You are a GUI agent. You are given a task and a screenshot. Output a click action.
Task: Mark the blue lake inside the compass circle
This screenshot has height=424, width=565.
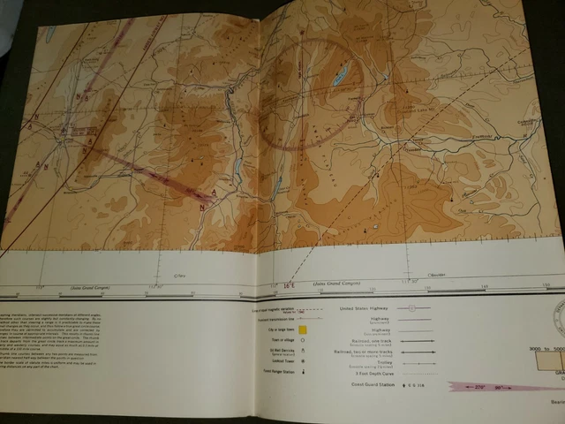(340, 78)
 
